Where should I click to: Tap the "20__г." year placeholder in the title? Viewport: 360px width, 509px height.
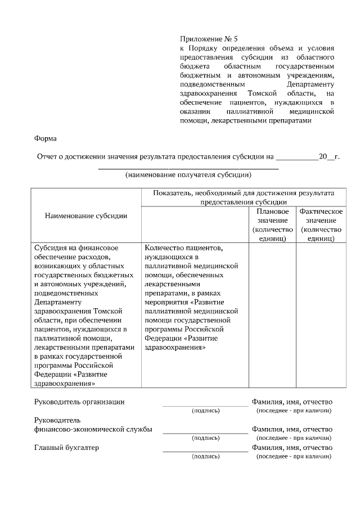point(329,156)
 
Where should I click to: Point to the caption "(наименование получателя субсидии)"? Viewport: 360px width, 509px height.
point(188,174)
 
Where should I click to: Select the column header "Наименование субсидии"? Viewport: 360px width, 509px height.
point(85,215)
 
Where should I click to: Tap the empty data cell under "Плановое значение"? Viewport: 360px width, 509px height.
point(272,315)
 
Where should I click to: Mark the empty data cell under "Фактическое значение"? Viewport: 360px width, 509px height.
point(321,315)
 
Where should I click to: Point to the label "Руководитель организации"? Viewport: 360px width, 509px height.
point(79,402)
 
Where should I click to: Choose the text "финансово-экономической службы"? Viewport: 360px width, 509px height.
point(93,429)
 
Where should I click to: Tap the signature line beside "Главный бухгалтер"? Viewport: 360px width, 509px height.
point(205,451)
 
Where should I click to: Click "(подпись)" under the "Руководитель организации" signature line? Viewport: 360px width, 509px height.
point(205,411)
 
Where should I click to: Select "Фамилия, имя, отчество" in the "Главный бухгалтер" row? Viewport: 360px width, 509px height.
point(292,448)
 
